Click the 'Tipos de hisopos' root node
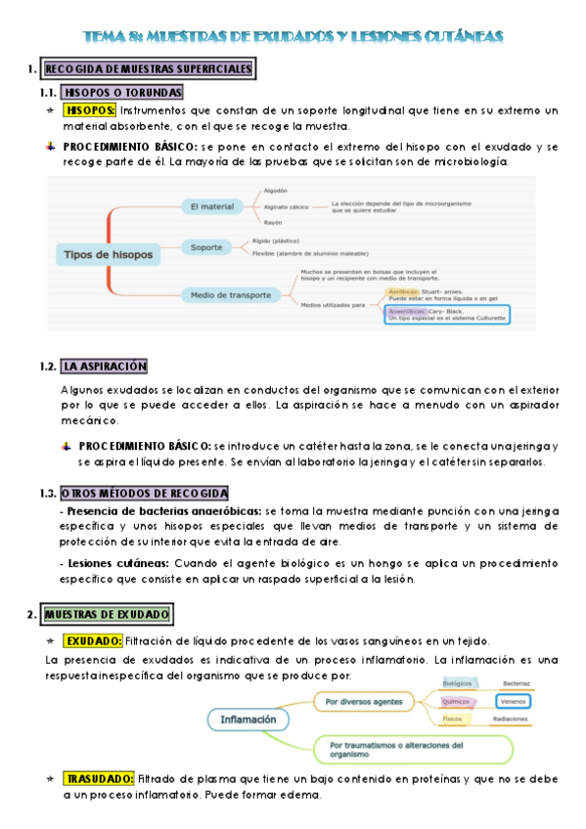tap(109, 255)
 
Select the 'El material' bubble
tap(211, 206)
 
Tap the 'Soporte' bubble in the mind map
tap(206, 247)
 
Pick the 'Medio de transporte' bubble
tap(225, 292)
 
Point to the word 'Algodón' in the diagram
tap(276, 191)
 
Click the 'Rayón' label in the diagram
tap(273, 223)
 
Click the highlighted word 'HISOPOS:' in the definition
tap(89, 110)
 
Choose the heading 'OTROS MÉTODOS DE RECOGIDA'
tap(144, 493)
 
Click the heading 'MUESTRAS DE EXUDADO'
tap(108, 614)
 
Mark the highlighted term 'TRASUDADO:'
tap(98, 778)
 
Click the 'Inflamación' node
tap(248, 720)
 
